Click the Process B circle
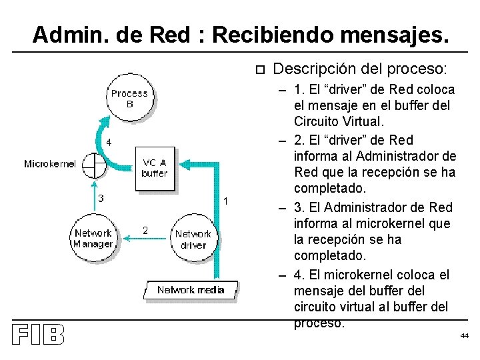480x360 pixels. [129, 98]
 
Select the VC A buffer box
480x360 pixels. [155, 167]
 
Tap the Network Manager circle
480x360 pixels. [93, 238]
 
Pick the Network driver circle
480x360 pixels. [193, 239]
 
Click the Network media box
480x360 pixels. [191, 289]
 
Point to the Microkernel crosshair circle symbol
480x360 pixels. [95, 165]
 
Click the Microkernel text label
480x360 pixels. [50, 164]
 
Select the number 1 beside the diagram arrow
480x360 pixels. [227, 201]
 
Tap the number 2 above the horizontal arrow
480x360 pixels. [145, 230]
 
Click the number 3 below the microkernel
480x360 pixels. [101, 197]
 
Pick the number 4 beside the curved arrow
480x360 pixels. [109, 142]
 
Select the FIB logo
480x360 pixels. [37, 335]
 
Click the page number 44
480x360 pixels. [464, 335]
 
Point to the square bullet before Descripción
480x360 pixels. [260, 69]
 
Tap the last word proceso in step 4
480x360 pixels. [319, 323]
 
